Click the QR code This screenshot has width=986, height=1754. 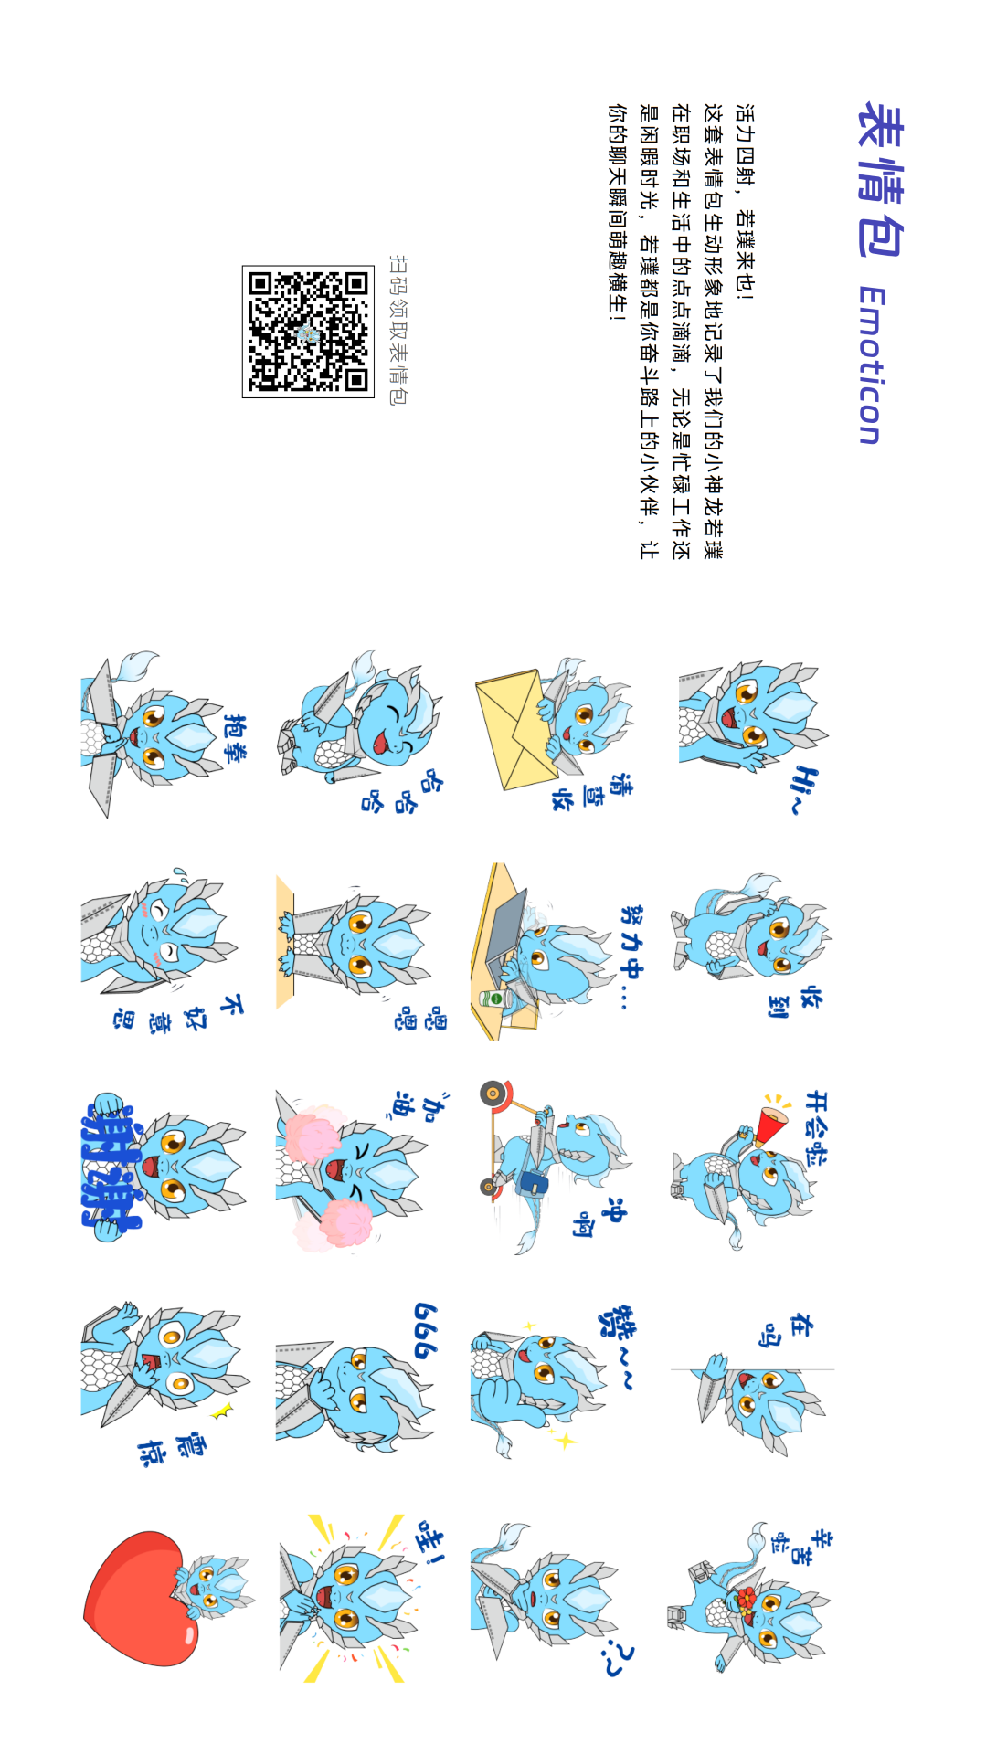308,332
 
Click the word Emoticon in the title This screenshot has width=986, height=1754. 871,365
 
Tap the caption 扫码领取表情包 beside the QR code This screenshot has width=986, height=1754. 398,330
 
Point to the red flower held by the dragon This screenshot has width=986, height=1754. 746,1599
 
